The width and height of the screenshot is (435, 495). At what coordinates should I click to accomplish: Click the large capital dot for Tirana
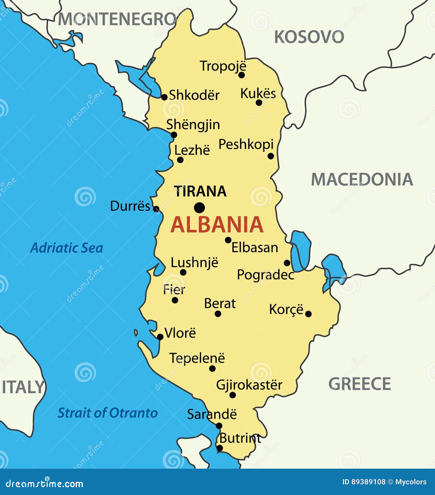[199, 208]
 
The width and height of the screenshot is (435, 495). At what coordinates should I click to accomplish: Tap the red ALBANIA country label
[217, 225]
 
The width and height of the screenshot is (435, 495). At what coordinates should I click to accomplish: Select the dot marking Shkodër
[164, 97]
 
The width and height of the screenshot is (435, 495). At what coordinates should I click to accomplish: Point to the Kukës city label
[258, 93]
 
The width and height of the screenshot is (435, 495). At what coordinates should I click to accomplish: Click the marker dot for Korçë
[308, 314]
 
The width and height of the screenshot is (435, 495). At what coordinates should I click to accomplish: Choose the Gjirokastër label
[249, 385]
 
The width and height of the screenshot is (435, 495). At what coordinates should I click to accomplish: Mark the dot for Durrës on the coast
[156, 209]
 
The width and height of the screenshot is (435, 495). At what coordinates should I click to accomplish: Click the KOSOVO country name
[309, 37]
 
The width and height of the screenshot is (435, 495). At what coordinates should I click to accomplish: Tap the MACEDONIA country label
[362, 179]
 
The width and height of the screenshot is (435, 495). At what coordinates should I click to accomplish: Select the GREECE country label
[360, 384]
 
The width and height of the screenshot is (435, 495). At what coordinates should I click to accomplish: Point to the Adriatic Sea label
[67, 248]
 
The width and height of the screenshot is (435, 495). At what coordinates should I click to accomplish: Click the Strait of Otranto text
[108, 413]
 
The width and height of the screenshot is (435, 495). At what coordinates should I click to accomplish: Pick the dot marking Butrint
[220, 448]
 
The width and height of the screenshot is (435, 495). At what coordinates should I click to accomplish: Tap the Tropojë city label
[223, 66]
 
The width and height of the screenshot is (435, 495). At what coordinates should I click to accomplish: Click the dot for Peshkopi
[271, 156]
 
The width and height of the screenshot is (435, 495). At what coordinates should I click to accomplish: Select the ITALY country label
[23, 387]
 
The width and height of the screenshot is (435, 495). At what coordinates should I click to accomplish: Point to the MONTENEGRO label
[117, 19]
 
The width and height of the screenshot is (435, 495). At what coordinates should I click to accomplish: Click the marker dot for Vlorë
[160, 337]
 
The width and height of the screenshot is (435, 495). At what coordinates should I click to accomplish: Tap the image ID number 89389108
[369, 482]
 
